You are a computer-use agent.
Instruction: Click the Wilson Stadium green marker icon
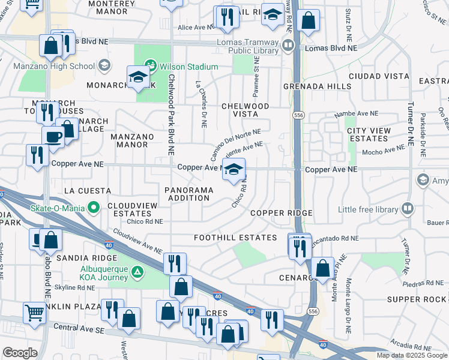[150, 65]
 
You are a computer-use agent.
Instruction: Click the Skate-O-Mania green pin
[93, 208]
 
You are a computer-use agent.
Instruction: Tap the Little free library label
[368, 209]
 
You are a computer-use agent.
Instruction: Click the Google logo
[20, 353]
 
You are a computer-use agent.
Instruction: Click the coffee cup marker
[53, 136]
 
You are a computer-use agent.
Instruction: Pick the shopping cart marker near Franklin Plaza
[34, 312]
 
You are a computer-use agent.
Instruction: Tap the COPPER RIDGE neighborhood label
[281, 214]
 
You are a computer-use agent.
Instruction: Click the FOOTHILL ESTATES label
[235, 238]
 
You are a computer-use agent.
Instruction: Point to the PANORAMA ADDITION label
[188, 194]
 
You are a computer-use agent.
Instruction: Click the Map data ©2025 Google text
[411, 355]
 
